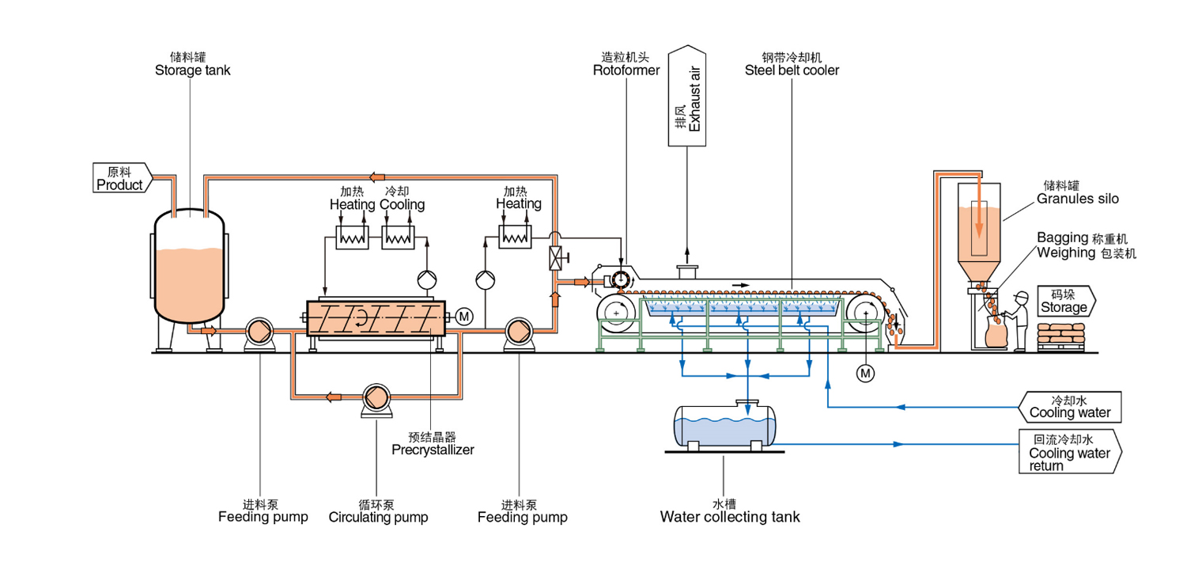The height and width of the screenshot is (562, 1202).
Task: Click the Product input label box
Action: point(120,178)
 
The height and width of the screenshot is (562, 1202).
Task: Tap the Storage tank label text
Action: point(192,70)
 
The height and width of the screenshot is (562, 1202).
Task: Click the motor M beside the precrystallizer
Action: point(464,317)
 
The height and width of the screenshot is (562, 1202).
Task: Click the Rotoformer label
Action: point(626,70)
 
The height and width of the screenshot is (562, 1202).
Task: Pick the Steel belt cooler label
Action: point(792,70)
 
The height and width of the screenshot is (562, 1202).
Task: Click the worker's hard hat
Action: point(1020,296)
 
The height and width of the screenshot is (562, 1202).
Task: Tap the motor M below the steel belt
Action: point(866,372)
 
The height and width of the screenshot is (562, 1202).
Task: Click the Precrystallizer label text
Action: point(432,450)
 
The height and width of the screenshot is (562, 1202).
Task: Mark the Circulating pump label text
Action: point(378,518)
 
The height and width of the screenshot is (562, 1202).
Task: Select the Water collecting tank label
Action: point(730,518)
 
